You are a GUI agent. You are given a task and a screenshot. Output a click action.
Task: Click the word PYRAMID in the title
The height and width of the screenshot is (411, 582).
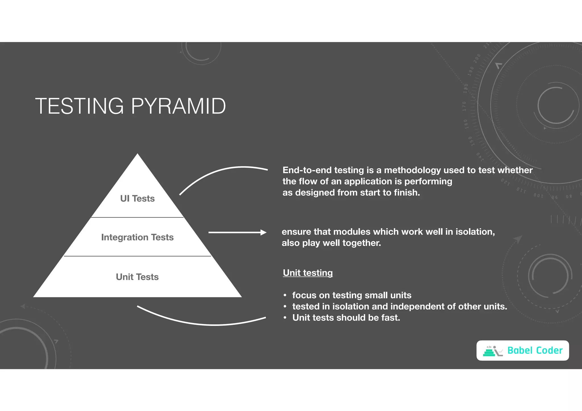[x=178, y=106]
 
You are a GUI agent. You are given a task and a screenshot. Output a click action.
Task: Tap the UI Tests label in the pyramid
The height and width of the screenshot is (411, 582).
[x=137, y=198]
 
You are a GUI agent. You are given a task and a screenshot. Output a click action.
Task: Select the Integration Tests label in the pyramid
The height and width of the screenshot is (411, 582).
[x=137, y=237]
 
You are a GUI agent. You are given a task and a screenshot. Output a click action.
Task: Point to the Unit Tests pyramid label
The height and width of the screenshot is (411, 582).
[x=137, y=277]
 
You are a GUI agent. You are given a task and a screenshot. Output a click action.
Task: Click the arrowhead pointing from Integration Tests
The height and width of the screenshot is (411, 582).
[x=263, y=232]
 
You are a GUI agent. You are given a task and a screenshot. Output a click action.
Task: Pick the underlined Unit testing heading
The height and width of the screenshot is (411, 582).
[x=308, y=273]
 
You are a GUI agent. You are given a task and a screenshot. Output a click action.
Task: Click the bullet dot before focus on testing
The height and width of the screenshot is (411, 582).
[x=285, y=295]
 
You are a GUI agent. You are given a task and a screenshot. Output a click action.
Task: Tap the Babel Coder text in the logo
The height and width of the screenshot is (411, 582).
[x=535, y=351]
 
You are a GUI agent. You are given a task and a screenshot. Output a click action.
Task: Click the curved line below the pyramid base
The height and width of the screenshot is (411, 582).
[x=205, y=323]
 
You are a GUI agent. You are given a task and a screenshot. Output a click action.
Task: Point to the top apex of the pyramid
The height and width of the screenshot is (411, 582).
[x=138, y=155]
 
